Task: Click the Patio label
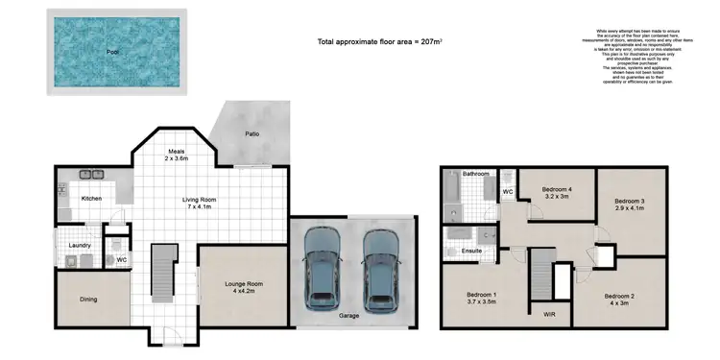point(252,133)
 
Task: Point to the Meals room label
point(177,151)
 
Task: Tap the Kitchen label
point(91,199)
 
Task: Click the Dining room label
point(87,299)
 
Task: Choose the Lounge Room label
point(244,285)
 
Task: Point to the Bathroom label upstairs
point(475,174)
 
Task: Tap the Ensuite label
point(470,252)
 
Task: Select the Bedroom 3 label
point(629,200)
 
